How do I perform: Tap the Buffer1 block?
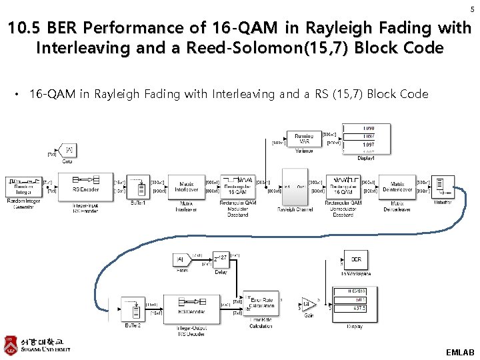coord(139,187)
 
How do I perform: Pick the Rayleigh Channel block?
coord(294,187)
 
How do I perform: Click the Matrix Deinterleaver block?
coord(397,187)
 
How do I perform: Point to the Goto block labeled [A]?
coord(67,150)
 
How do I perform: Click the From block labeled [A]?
coord(181,259)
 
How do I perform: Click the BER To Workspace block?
coord(356,260)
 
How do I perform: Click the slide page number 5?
coord(471,9)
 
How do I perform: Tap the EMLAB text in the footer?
coord(460,351)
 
